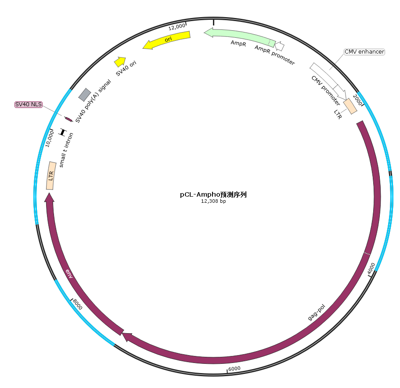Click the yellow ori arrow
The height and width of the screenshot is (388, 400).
point(166,40)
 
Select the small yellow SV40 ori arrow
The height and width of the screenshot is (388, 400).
point(120,62)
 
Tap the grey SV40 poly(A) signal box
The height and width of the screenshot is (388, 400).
point(85,95)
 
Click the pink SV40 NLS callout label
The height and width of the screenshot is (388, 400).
point(29,104)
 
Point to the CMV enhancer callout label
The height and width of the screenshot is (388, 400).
point(364,52)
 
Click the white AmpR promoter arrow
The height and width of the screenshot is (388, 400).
point(279,46)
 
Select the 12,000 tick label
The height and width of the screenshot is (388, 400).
point(177,26)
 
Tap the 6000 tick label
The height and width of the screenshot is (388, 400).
point(234,369)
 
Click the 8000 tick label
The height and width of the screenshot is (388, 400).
point(77,304)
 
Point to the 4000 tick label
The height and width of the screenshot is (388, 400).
point(371,269)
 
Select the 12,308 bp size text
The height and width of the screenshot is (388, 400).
point(213,201)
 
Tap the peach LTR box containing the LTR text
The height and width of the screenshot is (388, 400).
point(51,176)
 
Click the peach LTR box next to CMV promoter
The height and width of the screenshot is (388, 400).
point(350,106)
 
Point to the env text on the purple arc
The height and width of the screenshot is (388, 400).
point(69,273)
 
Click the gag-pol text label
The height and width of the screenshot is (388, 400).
point(316,312)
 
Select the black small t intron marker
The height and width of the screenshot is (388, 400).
point(62,132)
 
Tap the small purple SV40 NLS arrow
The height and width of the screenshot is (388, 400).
point(68,119)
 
